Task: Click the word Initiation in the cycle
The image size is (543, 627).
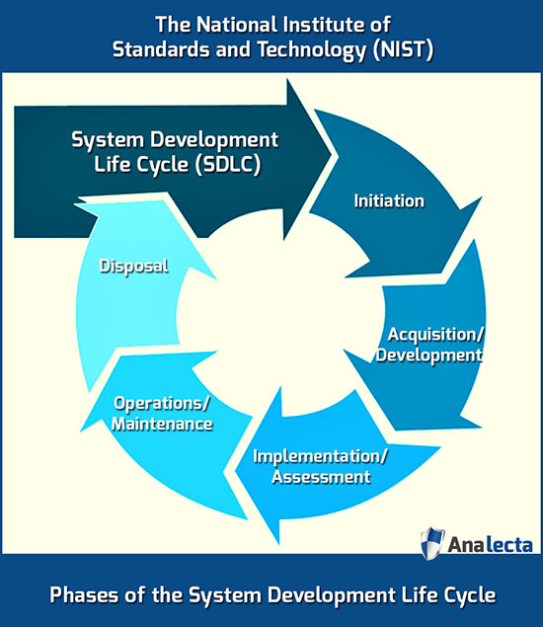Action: [389, 200]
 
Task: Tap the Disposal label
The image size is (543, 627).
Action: [133, 267]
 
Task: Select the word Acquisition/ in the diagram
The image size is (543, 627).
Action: [435, 335]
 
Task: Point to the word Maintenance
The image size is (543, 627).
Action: [162, 424]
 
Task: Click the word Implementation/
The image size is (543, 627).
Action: [320, 456]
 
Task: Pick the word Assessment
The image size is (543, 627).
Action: [321, 477]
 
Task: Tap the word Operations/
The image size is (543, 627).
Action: [162, 403]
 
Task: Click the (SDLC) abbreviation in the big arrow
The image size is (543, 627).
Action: [227, 164]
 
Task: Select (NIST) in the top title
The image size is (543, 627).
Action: [403, 50]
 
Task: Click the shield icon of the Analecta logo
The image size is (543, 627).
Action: [432, 543]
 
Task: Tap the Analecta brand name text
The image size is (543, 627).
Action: [490, 545]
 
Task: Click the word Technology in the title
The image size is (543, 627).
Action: [312, 50]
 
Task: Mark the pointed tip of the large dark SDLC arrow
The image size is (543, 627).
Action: [332, 153]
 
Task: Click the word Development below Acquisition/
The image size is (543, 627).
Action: [429, 355]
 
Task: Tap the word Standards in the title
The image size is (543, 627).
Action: [162, 49]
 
